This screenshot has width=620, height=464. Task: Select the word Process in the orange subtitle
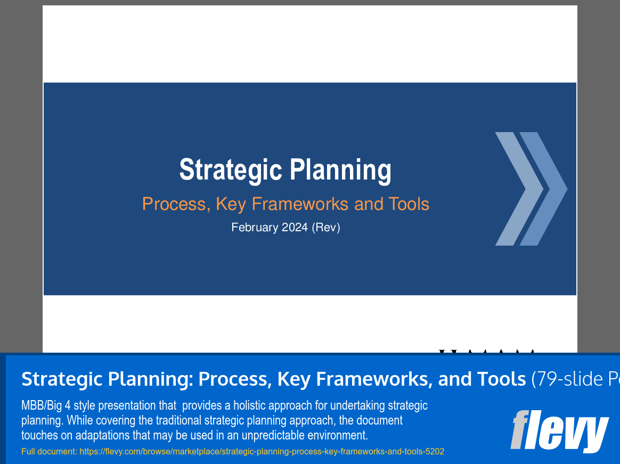click(x=176, y=204)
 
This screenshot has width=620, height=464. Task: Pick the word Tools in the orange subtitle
click(x=409, y=204)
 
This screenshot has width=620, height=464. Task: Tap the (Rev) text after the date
click(x=326, y=227)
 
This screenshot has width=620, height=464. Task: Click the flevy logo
click(x=559, y=430)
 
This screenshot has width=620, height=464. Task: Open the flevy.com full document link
click(x=262, y=452)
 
